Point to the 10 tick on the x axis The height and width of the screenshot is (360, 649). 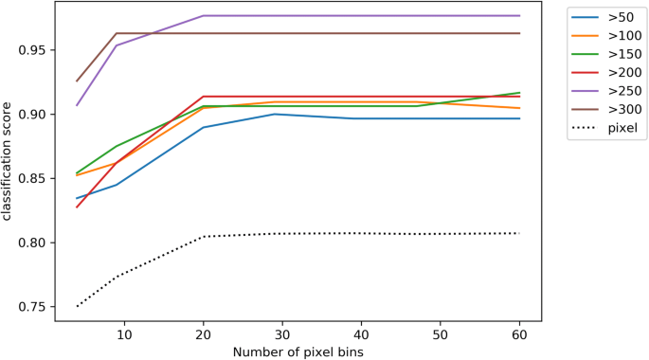124,334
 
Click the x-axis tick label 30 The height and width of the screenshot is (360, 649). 282,334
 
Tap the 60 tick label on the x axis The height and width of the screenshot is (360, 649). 520,334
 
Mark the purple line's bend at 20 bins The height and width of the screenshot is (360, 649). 204,16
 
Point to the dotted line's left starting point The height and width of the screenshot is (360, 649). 77,306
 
